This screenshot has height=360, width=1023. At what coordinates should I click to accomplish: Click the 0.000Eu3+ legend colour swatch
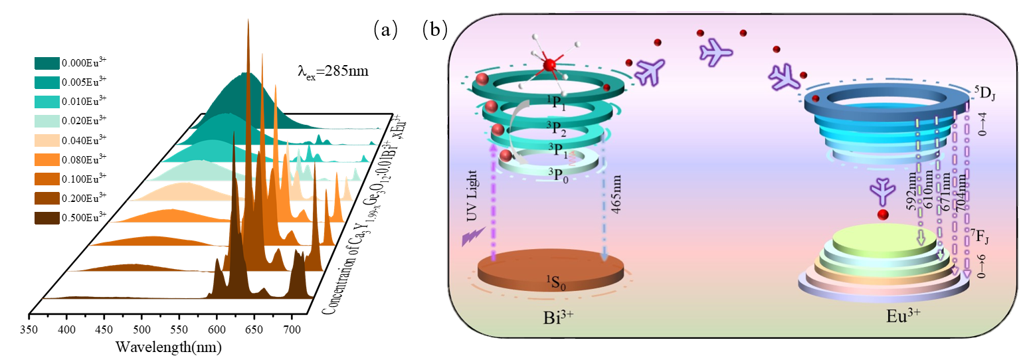click(x=47, y=62)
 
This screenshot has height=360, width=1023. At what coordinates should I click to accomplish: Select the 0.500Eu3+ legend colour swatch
click(x=47, y=218)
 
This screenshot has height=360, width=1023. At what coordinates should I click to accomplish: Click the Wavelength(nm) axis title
click(x=168, y=347)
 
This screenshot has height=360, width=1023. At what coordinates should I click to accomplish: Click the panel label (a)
click(x=385, y=29)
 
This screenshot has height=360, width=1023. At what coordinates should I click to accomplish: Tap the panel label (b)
click(x=434, y=29)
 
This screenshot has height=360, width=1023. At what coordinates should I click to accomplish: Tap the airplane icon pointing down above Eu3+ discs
click(x=882, y=191)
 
